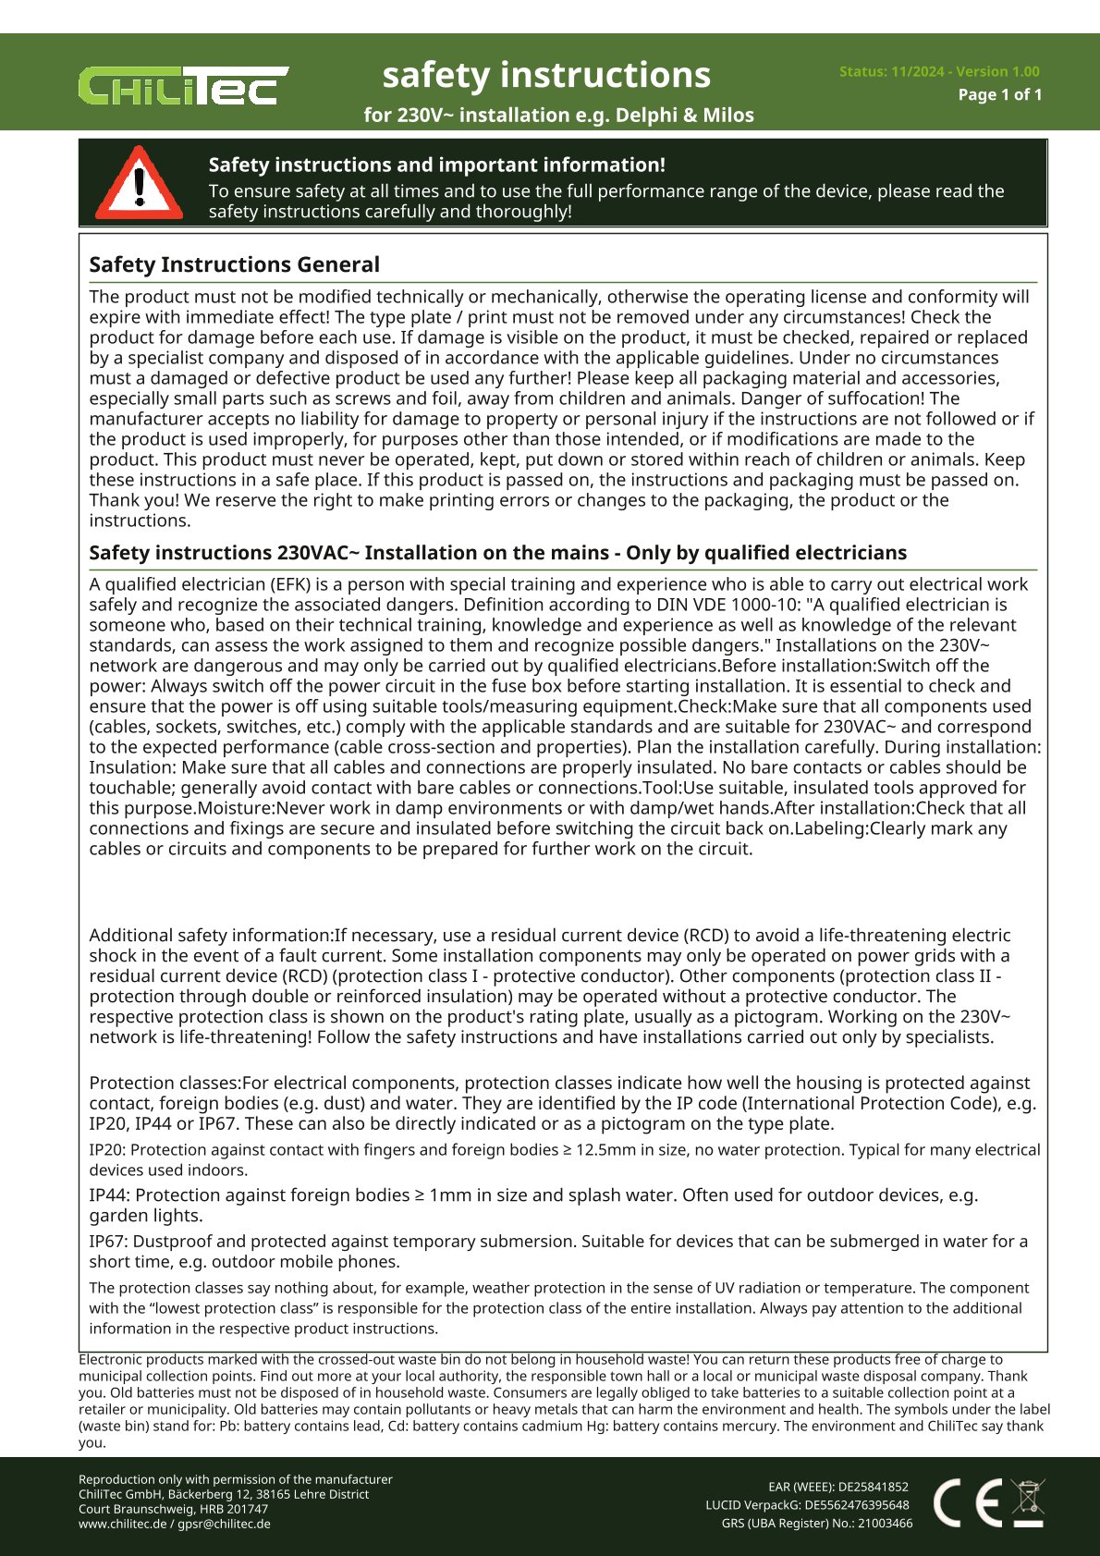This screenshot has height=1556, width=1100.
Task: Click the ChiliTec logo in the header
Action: point(183,85)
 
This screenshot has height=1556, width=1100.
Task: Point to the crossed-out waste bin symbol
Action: point(1027,1502)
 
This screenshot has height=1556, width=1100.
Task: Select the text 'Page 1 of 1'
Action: point(999,94)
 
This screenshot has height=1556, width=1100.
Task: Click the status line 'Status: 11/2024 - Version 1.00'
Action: point(938,71)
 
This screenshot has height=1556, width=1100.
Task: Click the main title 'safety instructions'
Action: point(546,75)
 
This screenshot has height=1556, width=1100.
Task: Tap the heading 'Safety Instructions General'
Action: point(234,264)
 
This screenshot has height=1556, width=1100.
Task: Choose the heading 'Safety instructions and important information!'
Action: point(436,165)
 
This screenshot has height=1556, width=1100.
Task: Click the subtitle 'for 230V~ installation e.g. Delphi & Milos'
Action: point(558,115)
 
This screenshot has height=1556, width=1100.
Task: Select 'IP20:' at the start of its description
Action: point(107,1150)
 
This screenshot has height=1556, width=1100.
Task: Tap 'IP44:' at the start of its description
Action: point(110,1195)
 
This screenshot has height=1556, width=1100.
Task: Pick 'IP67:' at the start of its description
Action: point(110,1242)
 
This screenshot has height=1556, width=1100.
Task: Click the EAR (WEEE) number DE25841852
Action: point(873,1488)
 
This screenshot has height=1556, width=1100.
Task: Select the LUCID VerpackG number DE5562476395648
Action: point(856,1505)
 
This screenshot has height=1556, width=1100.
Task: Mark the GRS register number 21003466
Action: point(885,1524)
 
